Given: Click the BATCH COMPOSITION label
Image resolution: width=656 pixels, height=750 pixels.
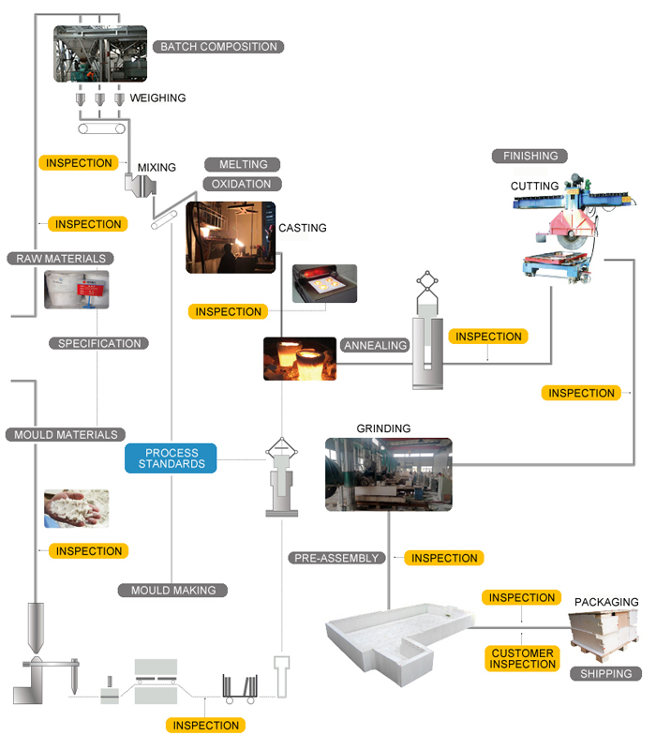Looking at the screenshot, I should pos(218,47).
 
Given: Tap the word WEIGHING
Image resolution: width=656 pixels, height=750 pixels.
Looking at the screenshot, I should pos(157,98).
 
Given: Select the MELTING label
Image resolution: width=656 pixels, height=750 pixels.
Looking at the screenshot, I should pos(243,164).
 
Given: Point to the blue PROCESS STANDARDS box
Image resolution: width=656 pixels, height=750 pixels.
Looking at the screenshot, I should pos(171,458).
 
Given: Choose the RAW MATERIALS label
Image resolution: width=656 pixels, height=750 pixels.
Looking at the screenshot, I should pos(60,258).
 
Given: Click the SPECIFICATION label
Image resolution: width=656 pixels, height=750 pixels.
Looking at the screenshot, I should pos(99,343).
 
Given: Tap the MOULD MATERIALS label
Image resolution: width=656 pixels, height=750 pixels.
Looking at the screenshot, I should pos(66,434).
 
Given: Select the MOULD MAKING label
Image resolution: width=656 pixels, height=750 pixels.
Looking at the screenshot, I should pos(173,591).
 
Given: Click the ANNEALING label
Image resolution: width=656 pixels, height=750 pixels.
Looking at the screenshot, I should pos(375,345).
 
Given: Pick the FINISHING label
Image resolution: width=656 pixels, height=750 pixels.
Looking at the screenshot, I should pos(530,156).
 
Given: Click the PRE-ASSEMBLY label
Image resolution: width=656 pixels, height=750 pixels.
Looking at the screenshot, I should pos(336,558).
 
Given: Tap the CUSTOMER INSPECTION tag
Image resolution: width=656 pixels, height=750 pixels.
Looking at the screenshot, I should pos(522,658).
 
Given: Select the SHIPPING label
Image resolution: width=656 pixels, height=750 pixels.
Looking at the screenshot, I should pos(605,673).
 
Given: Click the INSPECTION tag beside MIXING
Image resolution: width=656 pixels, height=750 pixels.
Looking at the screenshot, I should pos(79,163).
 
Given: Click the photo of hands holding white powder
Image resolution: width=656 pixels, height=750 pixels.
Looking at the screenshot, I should pos(76,508).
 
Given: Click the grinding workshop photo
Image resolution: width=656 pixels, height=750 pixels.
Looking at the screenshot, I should pos(388,474).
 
